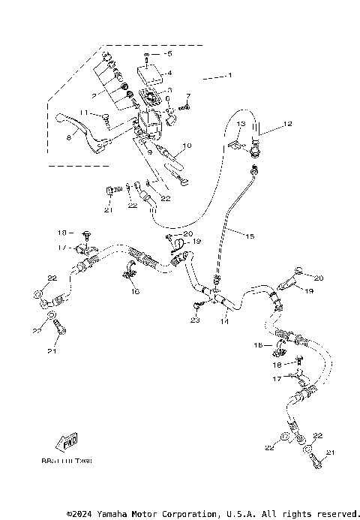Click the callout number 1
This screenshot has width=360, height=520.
tap(230, 76)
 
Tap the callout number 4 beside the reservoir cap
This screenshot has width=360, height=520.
tap(169, 73)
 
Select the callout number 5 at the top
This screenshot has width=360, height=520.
tap(169, 54)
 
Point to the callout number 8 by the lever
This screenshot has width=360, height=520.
tap(68, 137)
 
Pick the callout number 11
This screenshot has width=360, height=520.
tap(85, 113)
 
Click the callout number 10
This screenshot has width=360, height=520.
tap(187, 145)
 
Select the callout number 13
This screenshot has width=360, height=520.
tap(241, 123)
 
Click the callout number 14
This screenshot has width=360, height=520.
tap(224, 321)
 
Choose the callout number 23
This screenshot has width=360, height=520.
tap(195, 320)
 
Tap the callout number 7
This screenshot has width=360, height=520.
tap(188, 96)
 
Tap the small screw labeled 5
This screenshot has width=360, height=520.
tap(151, 57)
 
